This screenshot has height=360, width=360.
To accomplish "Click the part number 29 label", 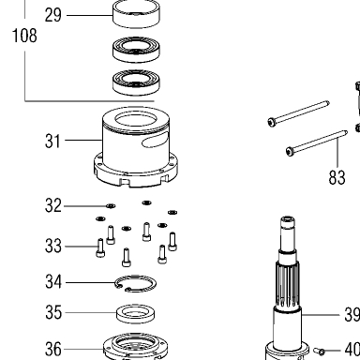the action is [53, 15].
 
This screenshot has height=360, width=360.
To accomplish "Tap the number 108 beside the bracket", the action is [24, 35].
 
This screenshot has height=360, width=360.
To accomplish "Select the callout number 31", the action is [52, 141].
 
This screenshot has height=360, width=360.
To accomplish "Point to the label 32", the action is [53, 205].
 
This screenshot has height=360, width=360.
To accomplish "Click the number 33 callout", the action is [53, 246].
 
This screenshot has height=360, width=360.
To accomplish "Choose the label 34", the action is [53, 282].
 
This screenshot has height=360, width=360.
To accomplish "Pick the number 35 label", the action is [53, 312].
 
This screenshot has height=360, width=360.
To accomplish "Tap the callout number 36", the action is [53, 349].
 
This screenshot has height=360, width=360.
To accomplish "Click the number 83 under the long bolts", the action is [337, 177].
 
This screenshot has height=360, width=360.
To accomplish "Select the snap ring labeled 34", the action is [136, 277].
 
